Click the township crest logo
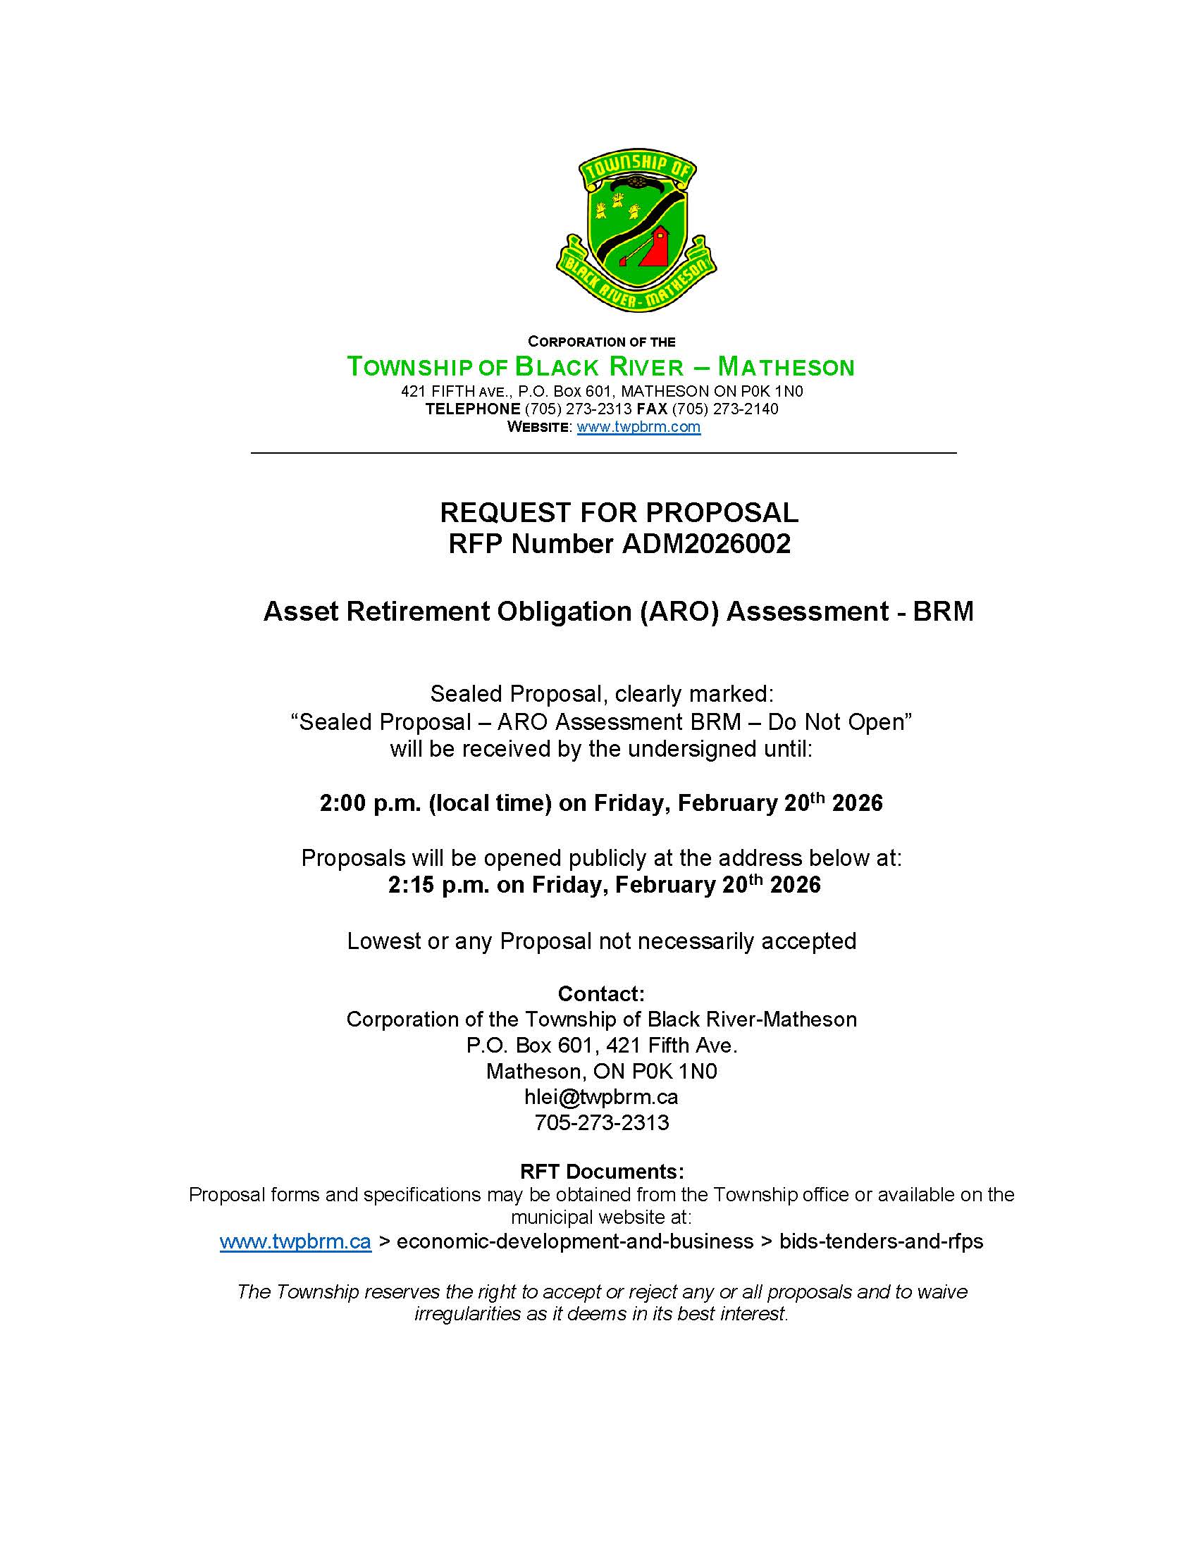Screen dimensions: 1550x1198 coord(636,232)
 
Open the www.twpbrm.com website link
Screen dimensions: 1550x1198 coord(638,427)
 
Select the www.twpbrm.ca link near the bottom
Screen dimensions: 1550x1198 coord(295,1241)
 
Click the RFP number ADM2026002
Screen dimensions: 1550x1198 coord(706,545)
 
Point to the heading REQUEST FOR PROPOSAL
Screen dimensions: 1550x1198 coord(619,512)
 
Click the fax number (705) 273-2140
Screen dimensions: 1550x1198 coord(724,409)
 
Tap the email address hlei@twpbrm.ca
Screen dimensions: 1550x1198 coord(601,1096)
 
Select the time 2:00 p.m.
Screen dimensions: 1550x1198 coord(370,803)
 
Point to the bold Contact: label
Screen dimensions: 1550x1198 coord(601,993)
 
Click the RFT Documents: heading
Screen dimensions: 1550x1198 coord(602,1171)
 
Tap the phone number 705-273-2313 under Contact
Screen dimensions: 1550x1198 coord(601,1122)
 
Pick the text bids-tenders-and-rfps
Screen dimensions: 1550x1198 coord(881,1241)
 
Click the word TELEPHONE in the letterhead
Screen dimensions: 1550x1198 coord(473,409)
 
